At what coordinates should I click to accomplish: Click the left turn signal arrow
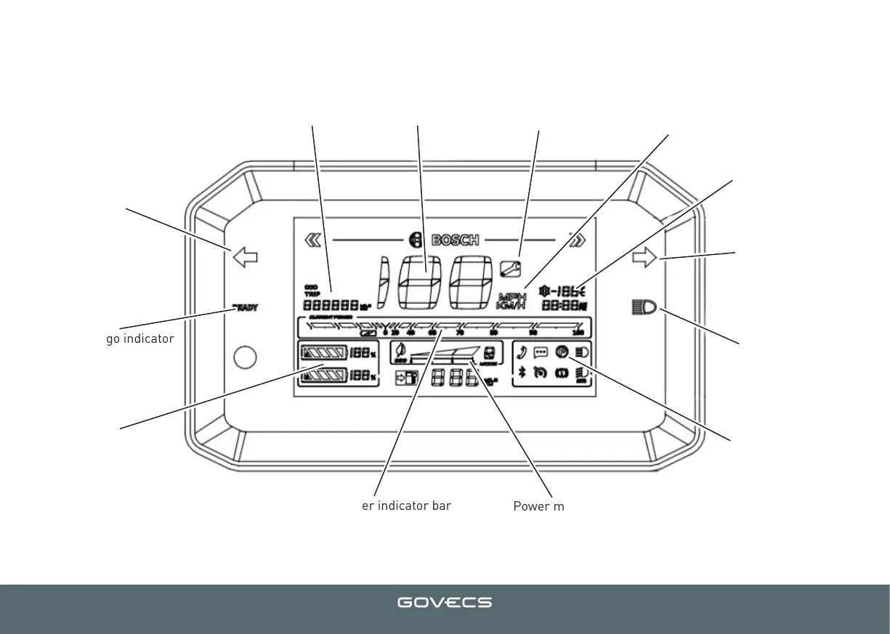point(245,256)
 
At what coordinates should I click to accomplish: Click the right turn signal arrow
point(644,256)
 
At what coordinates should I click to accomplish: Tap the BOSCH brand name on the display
point(456,240)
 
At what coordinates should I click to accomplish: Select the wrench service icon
point(511,268)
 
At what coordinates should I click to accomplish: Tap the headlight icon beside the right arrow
point(643,308)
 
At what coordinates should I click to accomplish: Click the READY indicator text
point(245,307)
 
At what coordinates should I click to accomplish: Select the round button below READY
point(246,357)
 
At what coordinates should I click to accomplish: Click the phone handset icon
point(521,352)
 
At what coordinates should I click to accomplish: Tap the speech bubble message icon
point(541,352)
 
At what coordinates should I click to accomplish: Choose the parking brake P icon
point(562,352)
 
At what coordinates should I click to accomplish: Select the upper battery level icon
point(323,354)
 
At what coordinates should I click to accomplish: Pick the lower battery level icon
point(323,376)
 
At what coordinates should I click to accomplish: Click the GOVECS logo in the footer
point(444,603)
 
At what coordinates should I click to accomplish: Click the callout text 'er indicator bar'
point(406,505)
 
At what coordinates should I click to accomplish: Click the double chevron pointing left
point(312,240)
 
